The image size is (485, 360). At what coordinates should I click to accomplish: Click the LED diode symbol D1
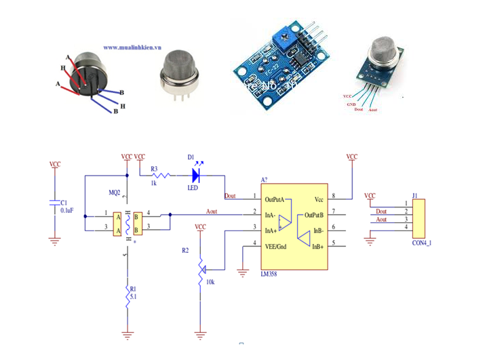pos(197,176)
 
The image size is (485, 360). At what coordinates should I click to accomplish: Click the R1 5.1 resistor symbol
pos(126,296)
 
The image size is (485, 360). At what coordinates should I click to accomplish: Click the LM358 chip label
pos(271,275)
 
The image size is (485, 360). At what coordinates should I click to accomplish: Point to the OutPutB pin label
pos(318,215)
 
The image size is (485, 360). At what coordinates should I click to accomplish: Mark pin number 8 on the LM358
pos(333,197)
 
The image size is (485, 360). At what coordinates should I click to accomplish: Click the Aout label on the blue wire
pos(212,212)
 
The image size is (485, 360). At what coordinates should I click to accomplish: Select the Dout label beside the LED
pos(230,195)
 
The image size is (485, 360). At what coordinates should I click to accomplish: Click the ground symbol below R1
pos(126,333)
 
